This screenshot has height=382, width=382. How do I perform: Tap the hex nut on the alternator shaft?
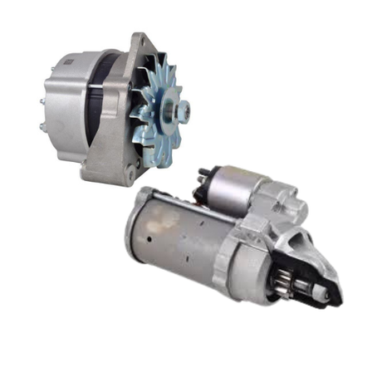pyautogui.click(x=179, y=108)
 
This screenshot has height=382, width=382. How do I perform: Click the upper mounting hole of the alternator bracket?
pyautogui.click(x=135, y=39)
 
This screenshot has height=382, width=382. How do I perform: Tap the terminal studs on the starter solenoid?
pyautogui.click(x=203, y=176)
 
